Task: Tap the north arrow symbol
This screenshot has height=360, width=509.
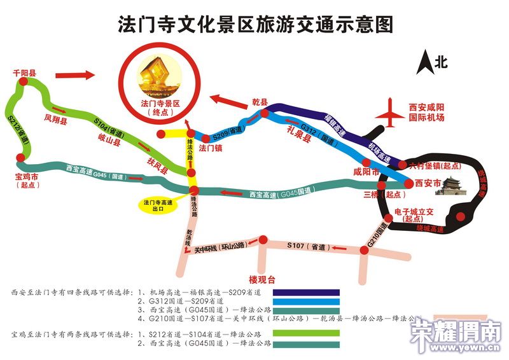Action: (x=424, y=62)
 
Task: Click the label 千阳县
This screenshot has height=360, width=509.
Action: (x=25, y=73)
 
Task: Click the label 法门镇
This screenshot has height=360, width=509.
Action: (x=210, y=149)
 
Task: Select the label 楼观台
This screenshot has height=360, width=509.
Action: (x=261, y=279)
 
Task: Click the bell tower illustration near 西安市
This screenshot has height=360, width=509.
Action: (x=451, y=187)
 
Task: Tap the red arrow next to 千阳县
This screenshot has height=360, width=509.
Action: (x=75, y=76)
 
